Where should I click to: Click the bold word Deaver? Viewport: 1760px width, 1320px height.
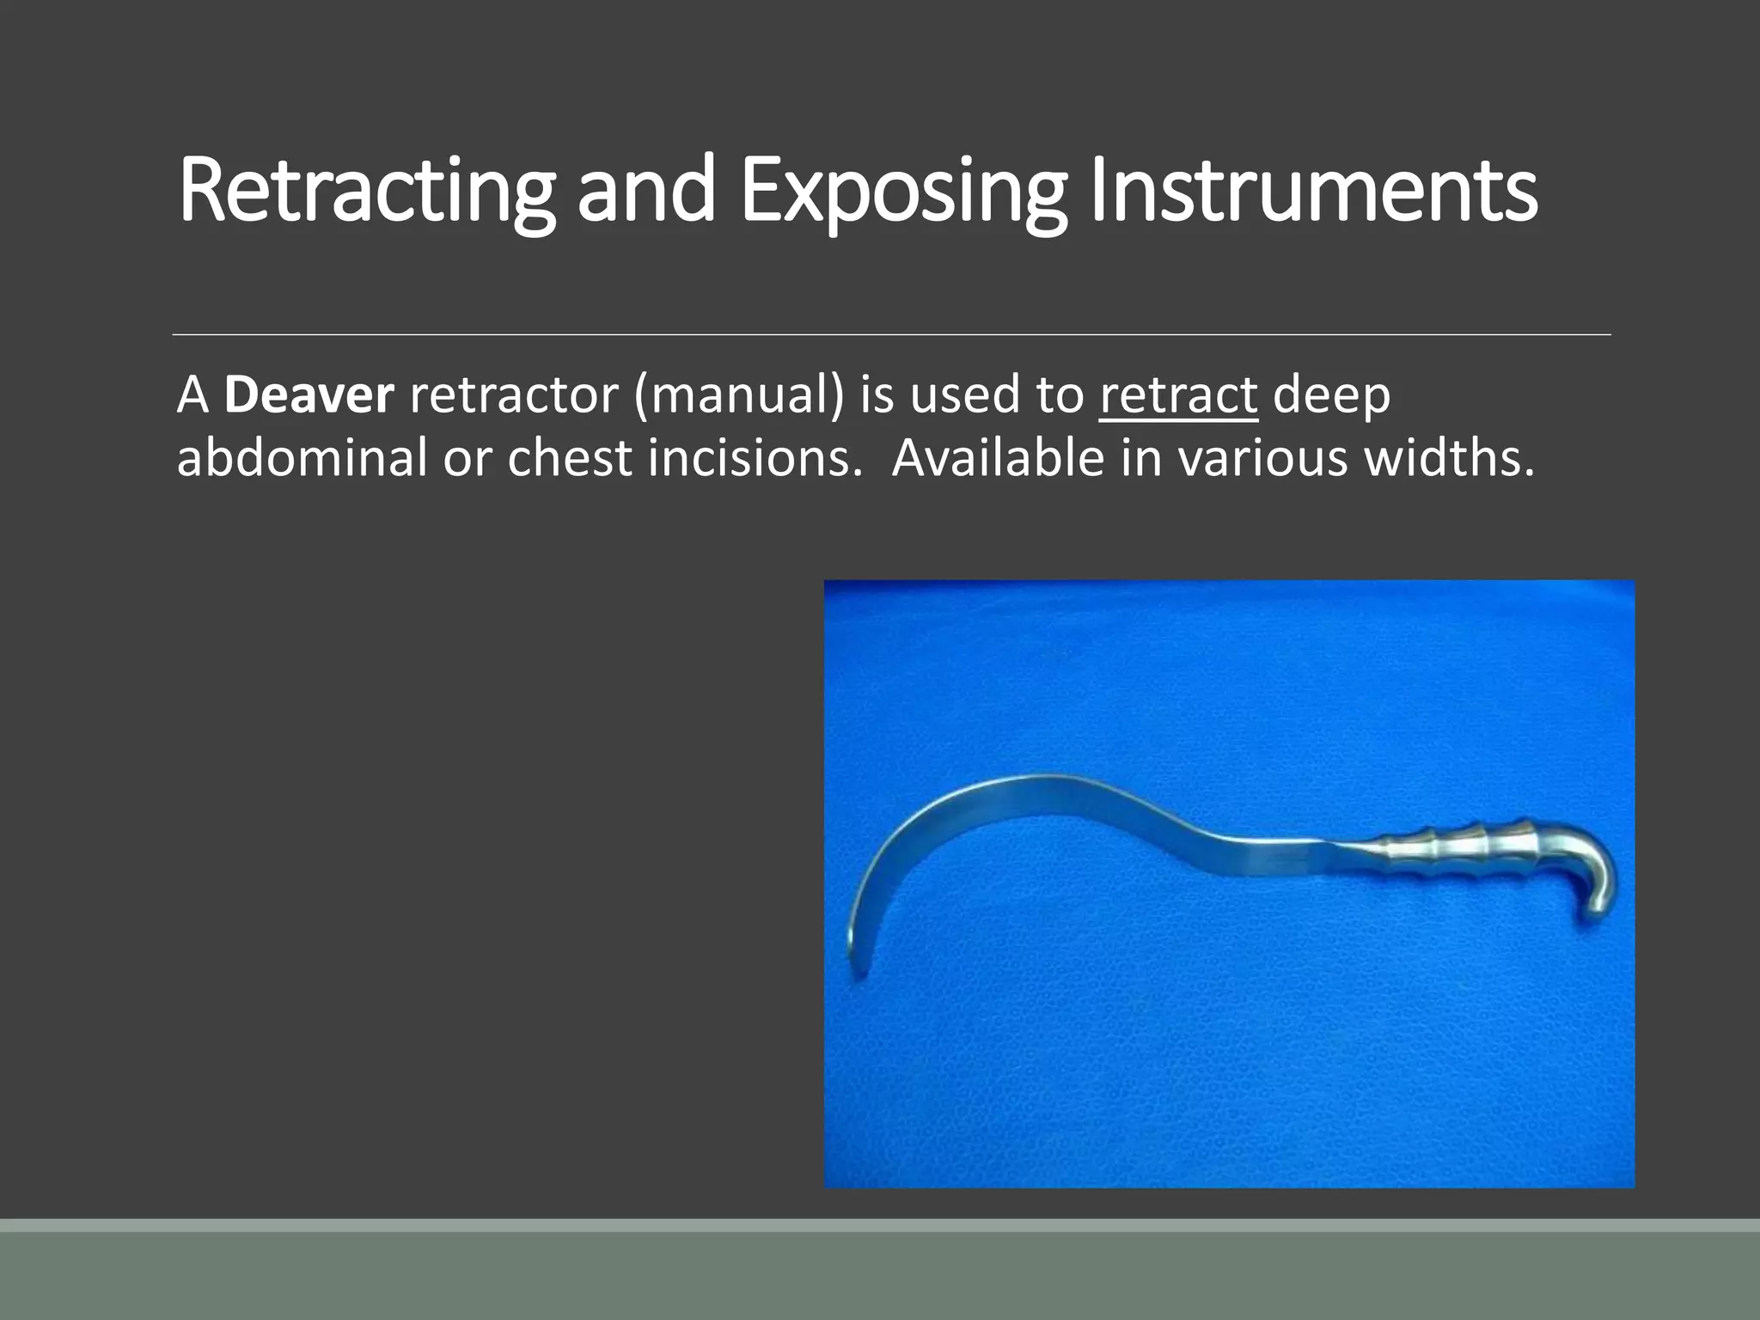coord(309,394)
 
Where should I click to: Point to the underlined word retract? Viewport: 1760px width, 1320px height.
coord(1178,395)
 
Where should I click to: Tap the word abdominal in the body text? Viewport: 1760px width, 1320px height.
coord(302,458)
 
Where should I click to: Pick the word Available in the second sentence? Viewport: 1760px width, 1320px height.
coord(998,458)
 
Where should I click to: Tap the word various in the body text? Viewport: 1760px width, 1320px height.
coord(1263,458)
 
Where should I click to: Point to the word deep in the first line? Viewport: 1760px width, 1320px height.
coord(1331,395)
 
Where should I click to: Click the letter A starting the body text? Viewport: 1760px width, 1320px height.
coord(193,395)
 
